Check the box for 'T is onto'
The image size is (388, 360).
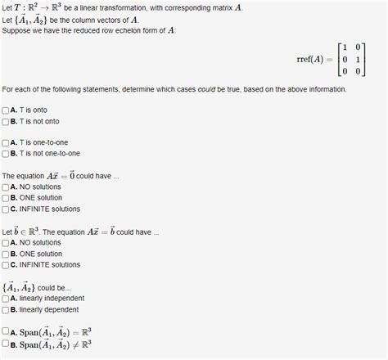pyautogui.click(x=7, y=110)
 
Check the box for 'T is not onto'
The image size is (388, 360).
pyautogui.click(x=7, y=121)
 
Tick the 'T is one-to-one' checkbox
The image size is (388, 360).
pyautogui.click(x=7, y=142)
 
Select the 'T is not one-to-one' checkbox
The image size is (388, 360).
pyautogui.click(x=7, y=154)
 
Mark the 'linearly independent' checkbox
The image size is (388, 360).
pyautogui.click(x=7, y=299)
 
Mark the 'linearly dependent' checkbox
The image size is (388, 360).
pyautogui.click(x=7, y=310)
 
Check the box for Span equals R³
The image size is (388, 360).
pyautogui.click(x=7, y=331)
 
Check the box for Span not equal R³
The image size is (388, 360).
pyautogui.click(x=7, y=344)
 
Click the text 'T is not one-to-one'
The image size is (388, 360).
pyautogui.click(x=45, y=154)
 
